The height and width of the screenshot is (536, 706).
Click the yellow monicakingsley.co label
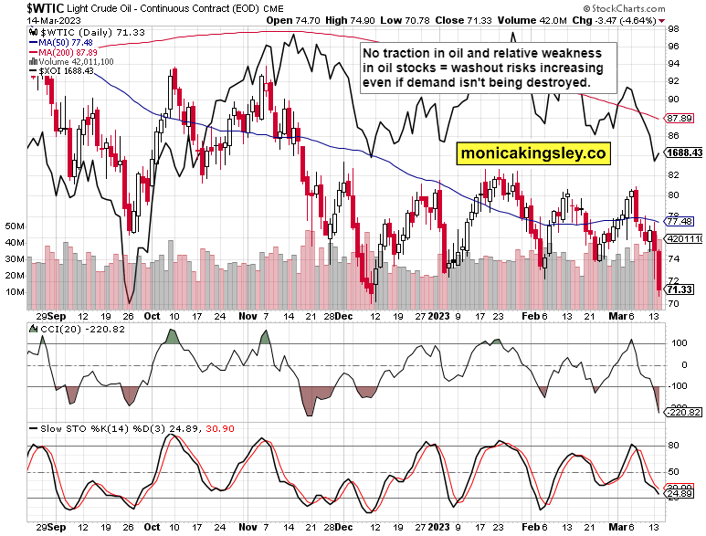click(533, 154)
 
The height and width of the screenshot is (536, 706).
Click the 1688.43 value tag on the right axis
click(683, 152)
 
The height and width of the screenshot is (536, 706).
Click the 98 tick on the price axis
click(672, 29)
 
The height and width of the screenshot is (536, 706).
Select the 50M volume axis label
click(15, 225)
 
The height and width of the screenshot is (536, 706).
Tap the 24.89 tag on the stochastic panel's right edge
click(678, 494)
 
